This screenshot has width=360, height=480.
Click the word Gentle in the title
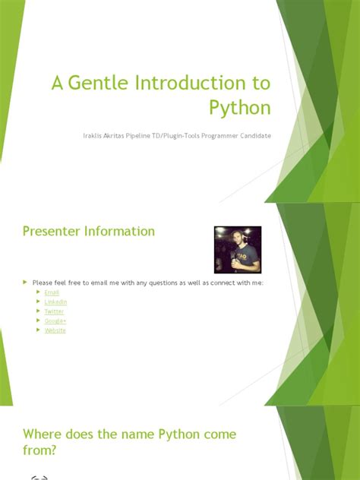[99, 84]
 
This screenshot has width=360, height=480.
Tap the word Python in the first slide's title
[241, 107]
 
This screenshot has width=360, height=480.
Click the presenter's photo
[237, 249]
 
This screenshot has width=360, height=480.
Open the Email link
[52, 292]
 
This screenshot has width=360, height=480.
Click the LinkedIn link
[55, 302]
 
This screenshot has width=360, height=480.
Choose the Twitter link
[54, 311]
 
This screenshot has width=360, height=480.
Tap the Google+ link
[55, 321]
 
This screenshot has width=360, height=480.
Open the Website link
[55, 330]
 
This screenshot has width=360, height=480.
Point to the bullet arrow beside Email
[39, 292]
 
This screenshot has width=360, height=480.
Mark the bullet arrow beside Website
[39, 330]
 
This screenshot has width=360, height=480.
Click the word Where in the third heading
[43, 434]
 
